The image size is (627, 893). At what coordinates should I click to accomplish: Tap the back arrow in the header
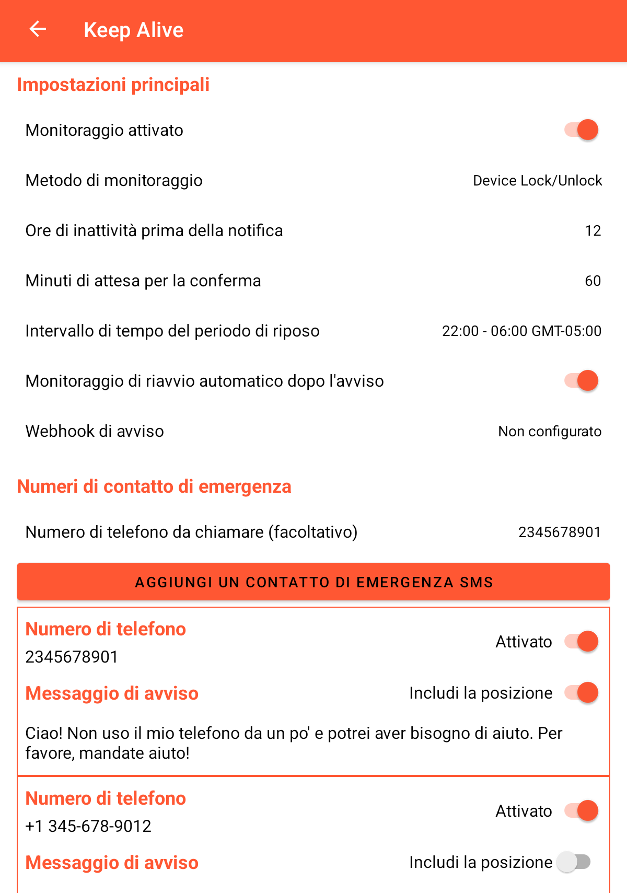pyautogui.click(x=38, y=29)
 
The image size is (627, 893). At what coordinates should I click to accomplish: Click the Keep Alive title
pyautogui.click(x=133, y=30)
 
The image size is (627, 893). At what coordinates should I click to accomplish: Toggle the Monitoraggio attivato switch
pyautogui.click(x=581, y=130)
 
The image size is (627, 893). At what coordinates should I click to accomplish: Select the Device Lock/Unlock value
pyautogui.click(x=537, y=181)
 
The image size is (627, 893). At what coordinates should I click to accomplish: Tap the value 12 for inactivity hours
pyautogui.click(x=593, y=231)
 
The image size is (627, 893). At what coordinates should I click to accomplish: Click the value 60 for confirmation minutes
pyautogui.click(x=593, y=281)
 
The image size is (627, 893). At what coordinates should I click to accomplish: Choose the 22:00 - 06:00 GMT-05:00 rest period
pyautogui.click(x=521, y=331)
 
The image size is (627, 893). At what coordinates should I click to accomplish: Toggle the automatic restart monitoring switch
pyautogui.click(x=581, y=380)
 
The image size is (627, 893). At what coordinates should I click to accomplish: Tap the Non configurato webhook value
pyautogui.click(x=549, y=432)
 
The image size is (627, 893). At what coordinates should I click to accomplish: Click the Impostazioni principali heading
pyautogui.click(x=113, y=85)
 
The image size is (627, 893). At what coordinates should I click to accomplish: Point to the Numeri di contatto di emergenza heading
pyautogui.click(x=154, y=486)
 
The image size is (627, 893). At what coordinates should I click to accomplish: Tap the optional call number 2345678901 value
pyautogui.click(x=559, y=532)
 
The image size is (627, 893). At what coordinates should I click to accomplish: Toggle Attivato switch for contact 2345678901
pyautogui.click(x=581, y=641)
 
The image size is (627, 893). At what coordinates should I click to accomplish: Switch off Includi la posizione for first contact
pyautogui.click(x=581, y=692)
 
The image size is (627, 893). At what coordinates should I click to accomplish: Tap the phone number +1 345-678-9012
pyautogui.click(x=88, y=826)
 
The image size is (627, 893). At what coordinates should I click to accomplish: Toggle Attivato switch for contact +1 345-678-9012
pyautogui.click(x=581, y=810)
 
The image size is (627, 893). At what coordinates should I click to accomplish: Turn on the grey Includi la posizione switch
pyautogui.click(x=574, y=862)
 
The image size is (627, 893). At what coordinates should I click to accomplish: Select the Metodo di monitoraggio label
pyautogui.click(x=114, y=181)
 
